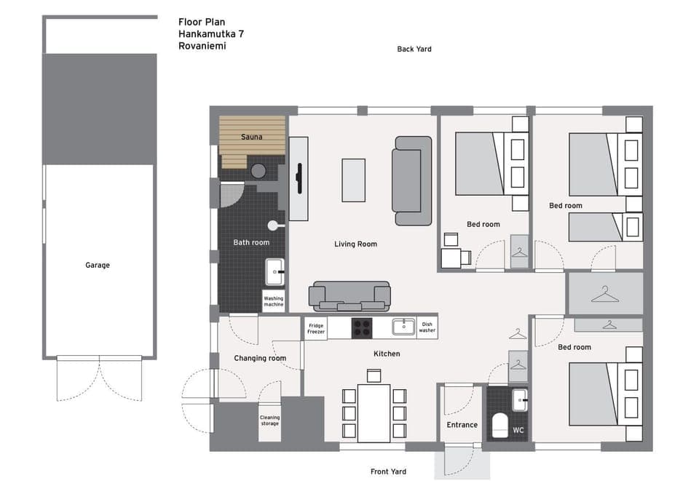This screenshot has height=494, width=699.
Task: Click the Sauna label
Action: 252,137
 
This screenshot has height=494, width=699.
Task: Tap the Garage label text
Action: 98,266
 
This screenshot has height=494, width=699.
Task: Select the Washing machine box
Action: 274,301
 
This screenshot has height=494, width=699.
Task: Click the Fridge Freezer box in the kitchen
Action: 315,328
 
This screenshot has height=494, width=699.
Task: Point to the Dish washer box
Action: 427,328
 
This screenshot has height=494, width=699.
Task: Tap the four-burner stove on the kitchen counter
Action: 362,328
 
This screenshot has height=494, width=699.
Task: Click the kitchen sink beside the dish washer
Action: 403,327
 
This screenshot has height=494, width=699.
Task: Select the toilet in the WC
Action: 499,425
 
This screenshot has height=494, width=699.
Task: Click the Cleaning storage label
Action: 270,421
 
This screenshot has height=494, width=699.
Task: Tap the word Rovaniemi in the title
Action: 202,45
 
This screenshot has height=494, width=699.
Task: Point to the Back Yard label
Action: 414,49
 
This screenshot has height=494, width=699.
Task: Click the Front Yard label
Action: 388,472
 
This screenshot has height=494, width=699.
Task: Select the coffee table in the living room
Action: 354,180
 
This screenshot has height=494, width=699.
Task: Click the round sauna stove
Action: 258,171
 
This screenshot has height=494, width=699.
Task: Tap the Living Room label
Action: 355,244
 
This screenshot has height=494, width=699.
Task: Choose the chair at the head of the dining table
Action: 374,376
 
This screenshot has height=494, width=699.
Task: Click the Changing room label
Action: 260,359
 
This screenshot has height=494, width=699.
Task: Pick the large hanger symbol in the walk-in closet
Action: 604,294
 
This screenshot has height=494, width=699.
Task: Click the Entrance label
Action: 462,425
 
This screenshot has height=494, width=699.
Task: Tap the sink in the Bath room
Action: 275,271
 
